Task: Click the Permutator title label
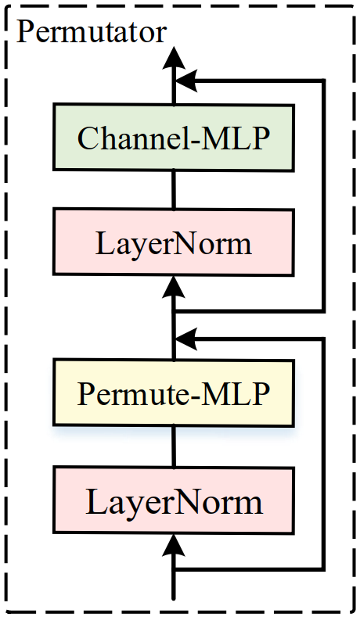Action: (x=92, y=32)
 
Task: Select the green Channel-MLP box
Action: (x=173, y=138)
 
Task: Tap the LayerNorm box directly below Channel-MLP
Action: (x=173, y=243)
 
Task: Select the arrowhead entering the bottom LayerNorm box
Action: (x=174, y=545)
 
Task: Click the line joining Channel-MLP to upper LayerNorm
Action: (x=174, y=189)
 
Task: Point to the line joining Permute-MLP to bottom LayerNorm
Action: (x=174, y=447)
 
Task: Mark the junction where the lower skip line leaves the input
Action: (x=174, y=568)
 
